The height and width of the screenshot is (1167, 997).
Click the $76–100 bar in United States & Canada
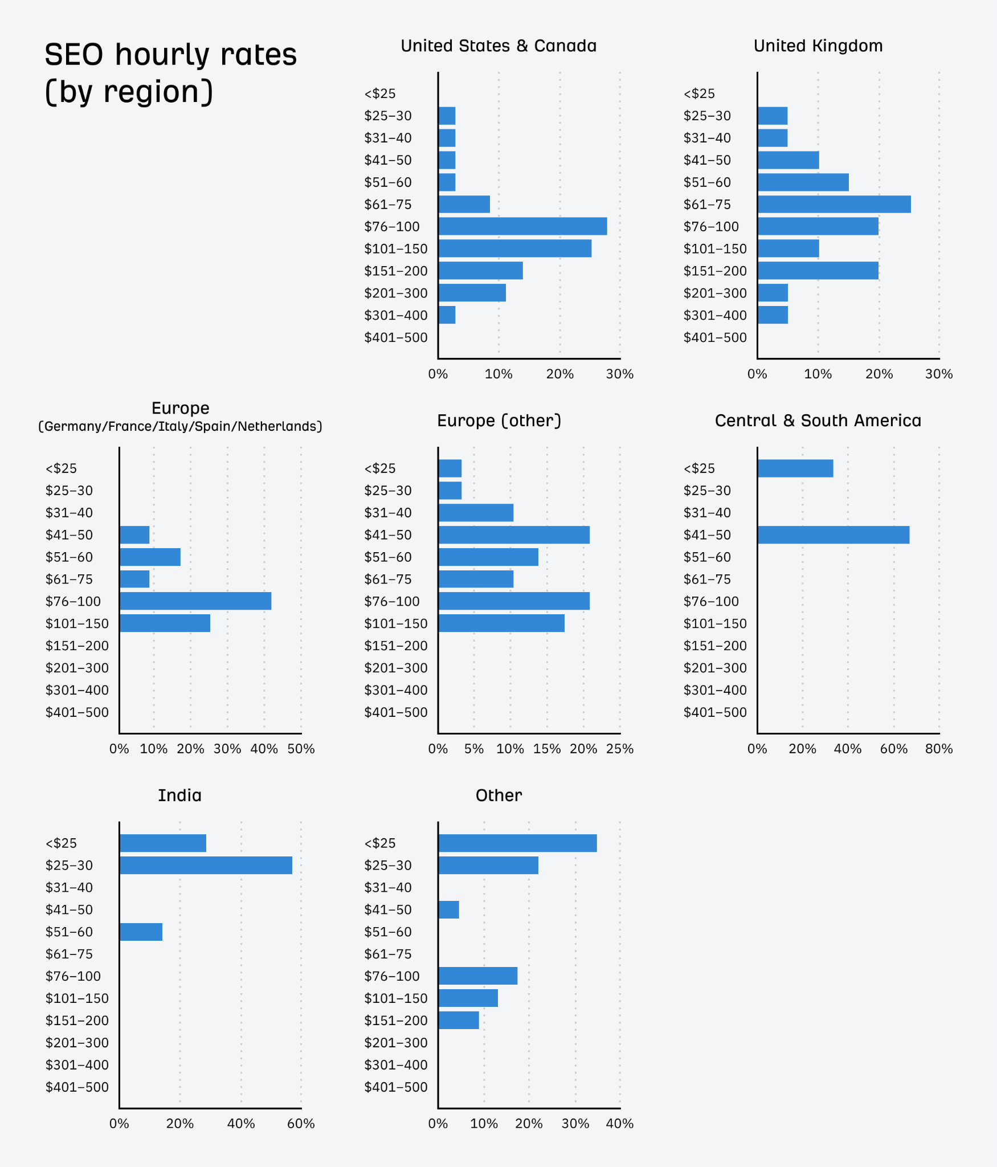(522, 226)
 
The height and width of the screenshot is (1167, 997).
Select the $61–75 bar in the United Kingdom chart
(834, 204)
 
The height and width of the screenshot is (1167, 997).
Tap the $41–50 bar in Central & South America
(833, 535)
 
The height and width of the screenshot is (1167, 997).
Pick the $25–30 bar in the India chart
(206, 865)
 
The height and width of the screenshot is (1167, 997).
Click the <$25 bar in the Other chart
(517, 843)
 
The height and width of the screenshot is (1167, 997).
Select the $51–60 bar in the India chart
(141, 932)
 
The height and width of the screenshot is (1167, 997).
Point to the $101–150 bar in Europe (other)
(501, 623)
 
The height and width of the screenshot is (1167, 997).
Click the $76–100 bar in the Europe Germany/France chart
(195, 601)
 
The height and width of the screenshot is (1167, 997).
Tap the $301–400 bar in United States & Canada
(447, 315)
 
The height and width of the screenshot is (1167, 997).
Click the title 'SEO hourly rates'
(170, 55)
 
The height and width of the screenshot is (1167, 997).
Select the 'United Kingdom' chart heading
(818, 46)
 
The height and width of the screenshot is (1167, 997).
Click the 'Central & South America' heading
(818, 421)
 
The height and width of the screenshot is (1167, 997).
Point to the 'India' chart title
(179, 795)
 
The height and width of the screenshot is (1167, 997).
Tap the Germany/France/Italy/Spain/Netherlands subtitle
(180, 426)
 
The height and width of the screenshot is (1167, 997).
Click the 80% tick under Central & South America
(938, 749)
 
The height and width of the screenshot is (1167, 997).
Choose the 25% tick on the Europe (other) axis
(619, 749)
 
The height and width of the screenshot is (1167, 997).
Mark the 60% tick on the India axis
(301, 1124)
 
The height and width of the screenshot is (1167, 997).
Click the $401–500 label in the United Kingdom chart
(714, 337)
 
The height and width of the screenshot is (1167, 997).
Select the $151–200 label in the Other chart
(395, 1021)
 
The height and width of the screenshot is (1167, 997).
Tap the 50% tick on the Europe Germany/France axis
(301, 749)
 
